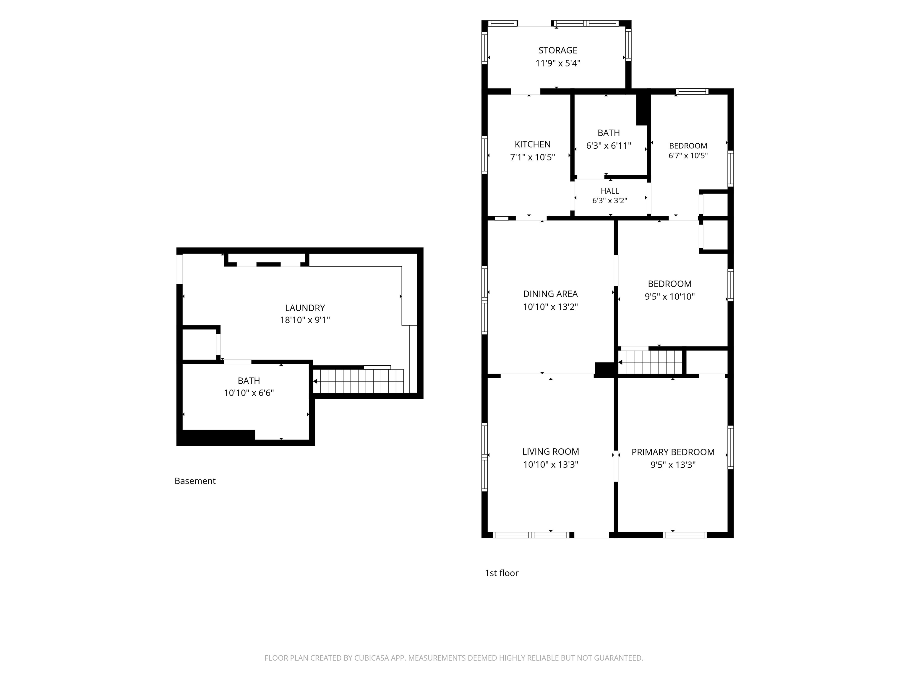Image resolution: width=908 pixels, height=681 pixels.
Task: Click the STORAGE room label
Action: pyautogui.click(x=557, y=50)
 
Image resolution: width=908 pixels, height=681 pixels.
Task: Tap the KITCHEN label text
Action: pyautogui.click(x=532, y=144)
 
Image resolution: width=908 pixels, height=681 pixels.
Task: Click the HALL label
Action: pyautogui.click(x=609, y=191)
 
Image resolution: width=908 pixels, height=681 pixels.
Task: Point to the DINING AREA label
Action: pyautogui.click(x=550, y=294)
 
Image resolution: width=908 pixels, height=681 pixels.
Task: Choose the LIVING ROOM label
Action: pyautogui.click(x=550, y=452)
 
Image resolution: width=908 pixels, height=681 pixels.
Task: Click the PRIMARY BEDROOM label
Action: pyautogui.click(x=673, y=452)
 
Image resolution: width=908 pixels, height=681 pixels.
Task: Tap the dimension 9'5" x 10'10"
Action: pyautogui.click(x=669, y=296)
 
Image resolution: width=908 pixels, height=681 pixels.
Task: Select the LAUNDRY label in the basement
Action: pyautogui.click(x=305, y=308)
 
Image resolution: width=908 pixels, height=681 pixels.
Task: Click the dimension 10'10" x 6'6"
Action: pyautogui.click(x=249, y=393)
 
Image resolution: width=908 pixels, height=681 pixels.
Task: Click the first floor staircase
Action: pyautogui.click(x=650, y=362)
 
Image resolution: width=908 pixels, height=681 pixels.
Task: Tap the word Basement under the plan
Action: pyautogui.click(x=195, y=481)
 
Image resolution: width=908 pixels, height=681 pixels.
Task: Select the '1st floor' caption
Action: pyautogui.click(x=502, y=573)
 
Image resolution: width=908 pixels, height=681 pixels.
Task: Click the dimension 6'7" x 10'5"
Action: pyautogui.click(x=688, y=155)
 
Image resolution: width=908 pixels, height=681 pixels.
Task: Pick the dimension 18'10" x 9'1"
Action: pyautogui.click(x=305, y=320)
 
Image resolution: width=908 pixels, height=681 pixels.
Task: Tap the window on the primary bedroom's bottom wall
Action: pyautogui.click(x=685, y=535)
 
